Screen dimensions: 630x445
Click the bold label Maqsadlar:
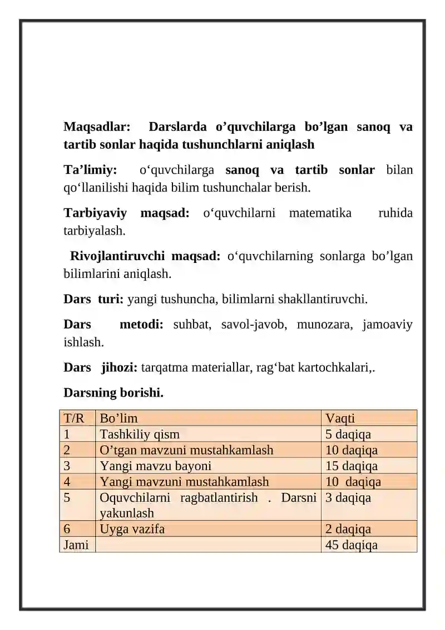point(97,127)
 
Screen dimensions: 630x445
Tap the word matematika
point(320,213)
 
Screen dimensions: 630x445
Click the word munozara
point(322,325)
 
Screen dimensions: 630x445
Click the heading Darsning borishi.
point(113,393)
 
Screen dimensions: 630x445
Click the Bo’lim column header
point(118,418)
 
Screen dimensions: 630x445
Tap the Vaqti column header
point(340,418)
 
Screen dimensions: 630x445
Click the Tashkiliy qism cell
point(140,434)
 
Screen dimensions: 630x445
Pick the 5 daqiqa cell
point(348,434)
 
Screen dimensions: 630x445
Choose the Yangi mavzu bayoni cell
point(155,466)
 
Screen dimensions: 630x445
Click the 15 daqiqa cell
point(352,466)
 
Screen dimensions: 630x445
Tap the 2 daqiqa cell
point(348,529)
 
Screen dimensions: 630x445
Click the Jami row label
point(76,545)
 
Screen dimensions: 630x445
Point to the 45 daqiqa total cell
point(352,545)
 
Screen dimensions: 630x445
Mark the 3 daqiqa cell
point(348,497)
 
